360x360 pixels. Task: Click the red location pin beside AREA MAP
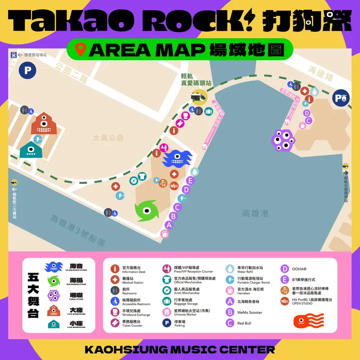[80, 49]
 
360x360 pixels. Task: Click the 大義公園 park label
[108, 138]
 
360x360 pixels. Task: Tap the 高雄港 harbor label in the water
[256, 213]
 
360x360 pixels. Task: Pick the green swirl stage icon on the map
[145, 211]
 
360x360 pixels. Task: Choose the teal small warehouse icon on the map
[30, 152]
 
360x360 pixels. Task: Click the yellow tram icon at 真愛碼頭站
[197, 97]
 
